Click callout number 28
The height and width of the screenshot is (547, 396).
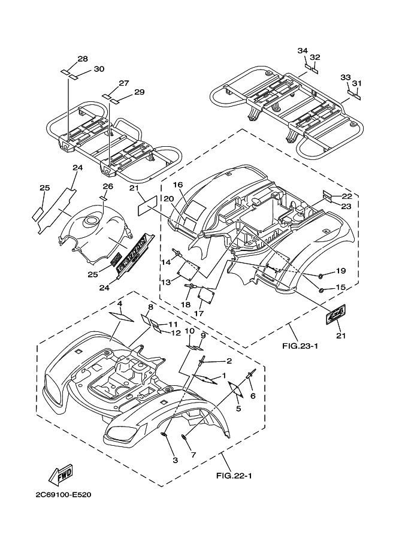point(83,59)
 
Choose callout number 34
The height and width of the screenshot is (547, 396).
point(303,51)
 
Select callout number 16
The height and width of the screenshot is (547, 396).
point(178,185)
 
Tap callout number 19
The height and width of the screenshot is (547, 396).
point(340,271)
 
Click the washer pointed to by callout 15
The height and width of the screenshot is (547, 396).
point(322,290)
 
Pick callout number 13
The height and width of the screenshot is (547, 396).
point(165,282)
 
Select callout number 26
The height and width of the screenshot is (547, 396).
point(108,186)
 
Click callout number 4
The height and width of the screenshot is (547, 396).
point(120,304)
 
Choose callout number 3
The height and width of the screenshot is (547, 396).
point(175,460)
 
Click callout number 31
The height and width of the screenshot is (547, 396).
point(356,83)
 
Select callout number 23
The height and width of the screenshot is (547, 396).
point(347,206)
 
